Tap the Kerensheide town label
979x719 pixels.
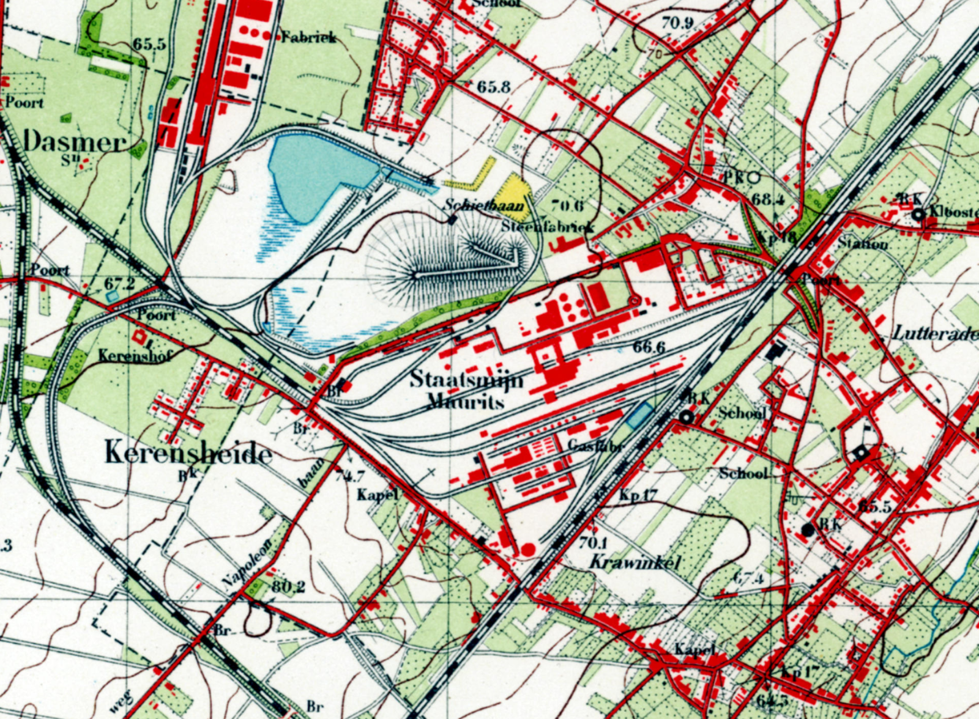pos(188,454)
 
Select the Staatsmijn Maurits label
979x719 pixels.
pos(466,389)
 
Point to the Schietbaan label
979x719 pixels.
pos(484,205)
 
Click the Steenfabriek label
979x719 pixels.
pos(548,226)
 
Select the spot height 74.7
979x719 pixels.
pos(351,474)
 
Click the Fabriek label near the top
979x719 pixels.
pos(308,37)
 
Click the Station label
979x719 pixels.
pos(862,243)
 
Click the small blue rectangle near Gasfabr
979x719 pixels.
pos(638,415)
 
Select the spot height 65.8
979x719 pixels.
pos(493,87)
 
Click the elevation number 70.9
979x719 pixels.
pos(677,23)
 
